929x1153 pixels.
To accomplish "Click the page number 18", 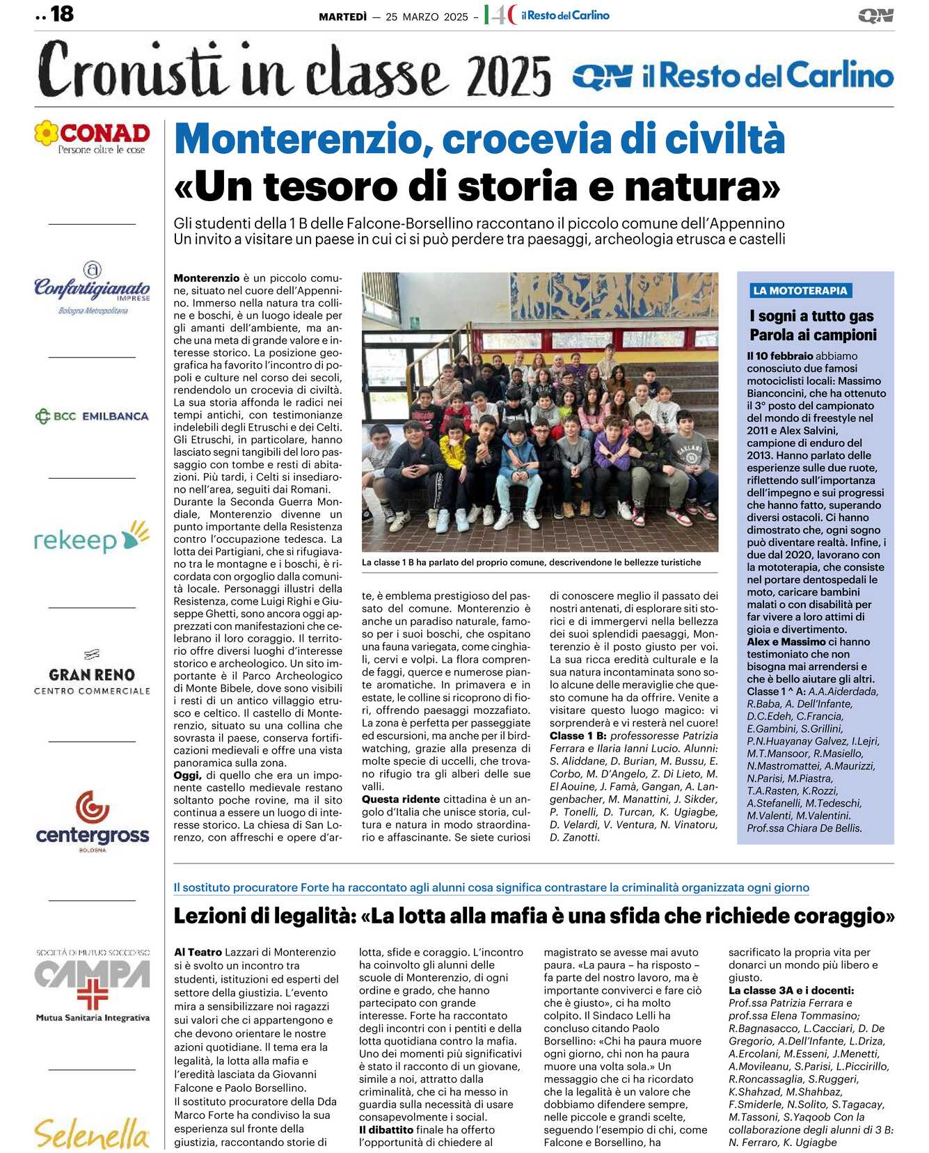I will click(62, 14).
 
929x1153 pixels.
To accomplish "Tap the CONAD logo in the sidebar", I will click(92, 136).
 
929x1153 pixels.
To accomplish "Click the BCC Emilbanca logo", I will click(92, 416).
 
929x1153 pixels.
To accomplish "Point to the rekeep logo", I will click(92, 538).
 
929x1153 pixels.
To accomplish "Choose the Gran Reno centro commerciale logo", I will click(92, 675).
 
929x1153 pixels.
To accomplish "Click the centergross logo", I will click(92, 822).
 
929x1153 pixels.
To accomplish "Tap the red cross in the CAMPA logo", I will click(92, 993).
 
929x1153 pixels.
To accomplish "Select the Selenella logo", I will click(92, 1132).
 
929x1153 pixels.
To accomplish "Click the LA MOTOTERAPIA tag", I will click(800, 291).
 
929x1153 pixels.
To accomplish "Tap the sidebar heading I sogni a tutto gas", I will click(811, 316).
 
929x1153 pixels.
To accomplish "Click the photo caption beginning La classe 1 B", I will click(531, 562).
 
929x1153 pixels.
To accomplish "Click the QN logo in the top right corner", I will click(875, 15).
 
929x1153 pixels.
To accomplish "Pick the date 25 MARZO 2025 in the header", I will click(427, 17).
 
